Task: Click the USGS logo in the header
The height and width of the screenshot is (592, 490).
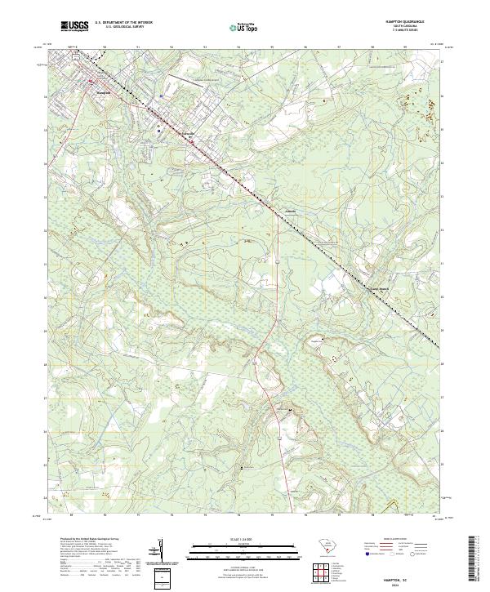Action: (75, 26)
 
